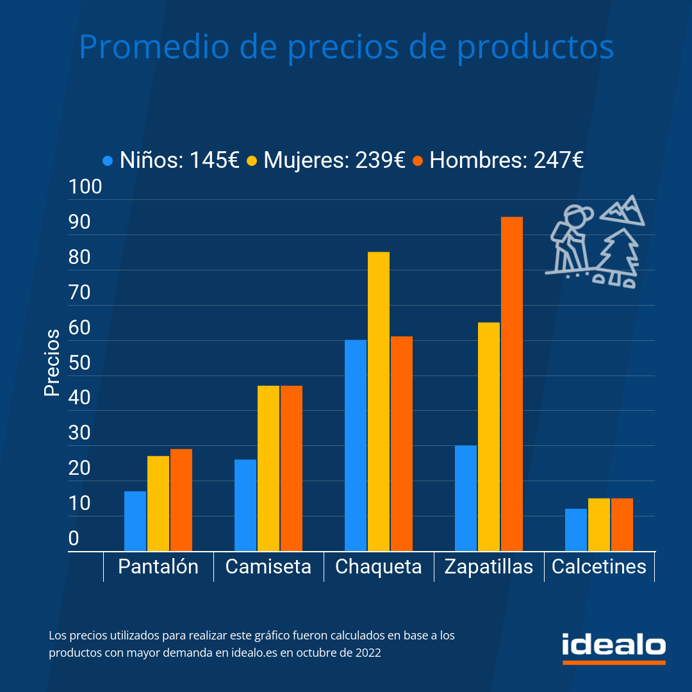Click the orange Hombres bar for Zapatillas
511,384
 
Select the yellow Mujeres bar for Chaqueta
378,401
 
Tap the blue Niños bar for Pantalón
135,521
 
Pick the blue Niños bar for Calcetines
576,530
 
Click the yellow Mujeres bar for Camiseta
268,468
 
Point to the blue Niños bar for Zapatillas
466,498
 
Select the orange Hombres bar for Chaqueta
402,443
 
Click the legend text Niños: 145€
179,160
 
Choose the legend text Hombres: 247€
506,160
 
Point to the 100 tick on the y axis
85,187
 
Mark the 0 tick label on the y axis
74,539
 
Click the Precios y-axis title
52,363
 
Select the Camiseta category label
268,567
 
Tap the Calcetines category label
599,567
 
